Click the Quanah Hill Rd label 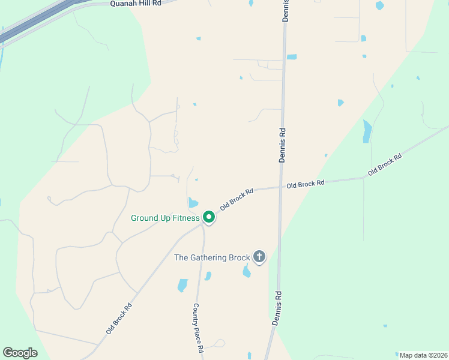(x=136, y=3)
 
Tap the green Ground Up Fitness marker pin (x=209, y=217)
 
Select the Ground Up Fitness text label (x=165, y=218)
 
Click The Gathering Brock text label (x=212, y=257)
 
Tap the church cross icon (x=259, y=257)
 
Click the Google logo (x=20, y=353)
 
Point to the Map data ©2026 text (x=423, y=355)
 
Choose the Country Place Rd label (x=199, y=328)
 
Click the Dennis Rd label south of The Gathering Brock (x=277, y=308)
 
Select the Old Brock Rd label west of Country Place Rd (x=119, y=318)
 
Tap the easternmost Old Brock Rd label (x=385, y=164)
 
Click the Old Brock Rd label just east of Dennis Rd (x=305, y=183)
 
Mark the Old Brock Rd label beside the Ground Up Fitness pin (x=237, y=199)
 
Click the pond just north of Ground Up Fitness (x=193, y=203)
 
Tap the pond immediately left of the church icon (x=246, y=272)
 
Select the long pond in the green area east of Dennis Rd (x=367, y=131)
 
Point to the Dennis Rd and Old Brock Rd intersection (x=281, y=187)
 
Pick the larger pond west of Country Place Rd (x=182, y=285)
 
